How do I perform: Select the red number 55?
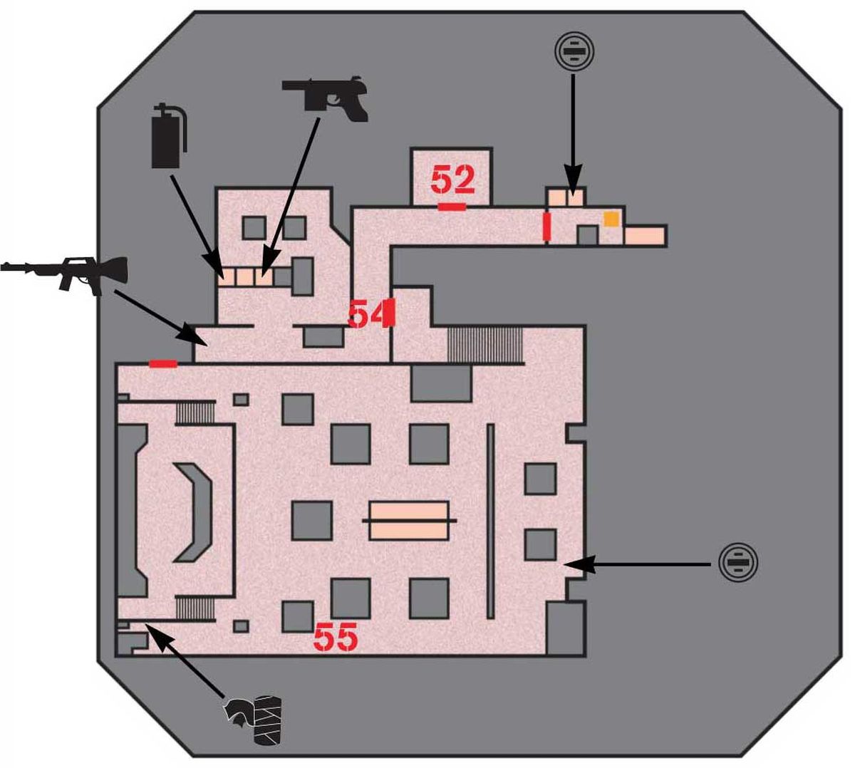(x=336, y=637)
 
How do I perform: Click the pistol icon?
(x=325, y=99)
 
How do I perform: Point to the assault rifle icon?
(x=64, y=275)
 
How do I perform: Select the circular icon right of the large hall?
(x=737, y=563)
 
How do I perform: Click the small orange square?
(x=611, y=219)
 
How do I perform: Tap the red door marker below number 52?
(x=452, y=207)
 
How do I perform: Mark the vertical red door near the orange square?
(x=547, y=227)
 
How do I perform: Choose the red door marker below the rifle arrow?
(x=163, y=363)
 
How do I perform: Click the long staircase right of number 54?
(x=485, y=345)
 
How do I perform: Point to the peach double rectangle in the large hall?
(x=408, y=521)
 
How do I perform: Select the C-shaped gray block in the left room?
(x=192, y=512)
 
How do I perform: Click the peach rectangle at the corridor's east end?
(x=645, y=236)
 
